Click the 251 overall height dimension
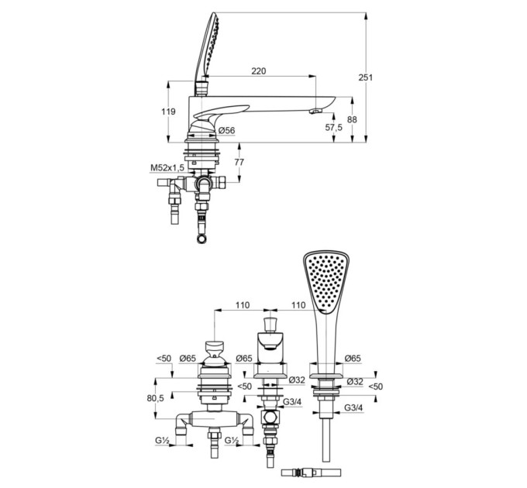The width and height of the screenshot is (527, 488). [365, 77]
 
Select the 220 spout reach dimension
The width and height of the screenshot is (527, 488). [258, 70]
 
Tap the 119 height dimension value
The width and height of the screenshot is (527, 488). [168, 112]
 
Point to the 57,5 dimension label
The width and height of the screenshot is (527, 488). [334, 127]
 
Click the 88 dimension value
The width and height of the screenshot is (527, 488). [352, 119]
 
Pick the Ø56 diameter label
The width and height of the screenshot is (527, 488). [226, 130]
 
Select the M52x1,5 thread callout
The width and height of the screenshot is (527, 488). [167, 167]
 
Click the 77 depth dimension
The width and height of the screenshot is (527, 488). [239, 162]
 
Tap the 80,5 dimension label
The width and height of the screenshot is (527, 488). [155, 398]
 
